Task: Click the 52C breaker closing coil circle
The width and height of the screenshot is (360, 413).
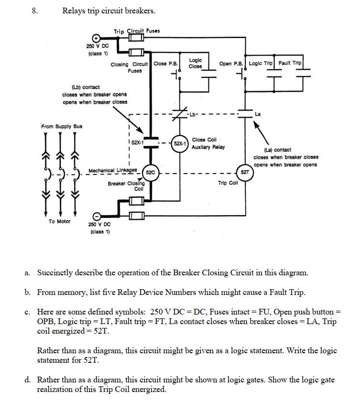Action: [150, 172]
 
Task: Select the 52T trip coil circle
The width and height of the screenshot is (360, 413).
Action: [244, 172]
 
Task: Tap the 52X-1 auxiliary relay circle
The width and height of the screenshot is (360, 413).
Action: [180, 143]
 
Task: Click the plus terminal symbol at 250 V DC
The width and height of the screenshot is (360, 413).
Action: [96, 37]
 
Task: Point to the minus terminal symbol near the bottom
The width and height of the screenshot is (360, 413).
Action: [96, 216]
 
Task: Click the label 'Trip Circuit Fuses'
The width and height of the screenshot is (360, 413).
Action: [137, 31]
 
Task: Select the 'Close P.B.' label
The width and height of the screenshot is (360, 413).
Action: [166, 64]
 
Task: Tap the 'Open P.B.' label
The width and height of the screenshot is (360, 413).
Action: [231, 64]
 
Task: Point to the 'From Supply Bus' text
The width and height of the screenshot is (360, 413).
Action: [62, 126]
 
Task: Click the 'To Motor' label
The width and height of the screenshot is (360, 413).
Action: [59, 221]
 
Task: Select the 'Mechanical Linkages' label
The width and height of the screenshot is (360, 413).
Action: [113, 170]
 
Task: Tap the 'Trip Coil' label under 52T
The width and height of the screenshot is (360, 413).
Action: [228, 183]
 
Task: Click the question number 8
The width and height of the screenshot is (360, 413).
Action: [34, 11]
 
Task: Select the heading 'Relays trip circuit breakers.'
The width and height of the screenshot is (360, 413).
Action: [109, 11]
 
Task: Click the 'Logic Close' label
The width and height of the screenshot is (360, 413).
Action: [195, 63]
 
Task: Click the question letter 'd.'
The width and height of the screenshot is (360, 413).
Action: [28, 380]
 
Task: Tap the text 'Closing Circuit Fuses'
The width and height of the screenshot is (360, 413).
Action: [131, 67]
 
